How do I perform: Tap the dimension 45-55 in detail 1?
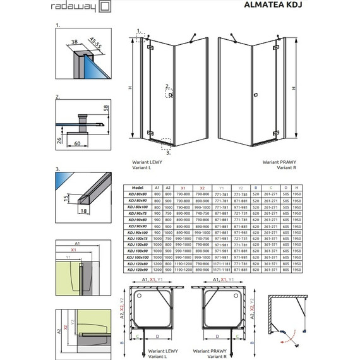[96, 46]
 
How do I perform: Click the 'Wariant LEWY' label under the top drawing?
[145, 162]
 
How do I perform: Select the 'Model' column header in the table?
[137, 188]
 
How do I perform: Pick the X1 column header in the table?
[183, 188]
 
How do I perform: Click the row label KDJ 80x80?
[137, 195]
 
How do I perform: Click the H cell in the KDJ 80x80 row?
[297, 195]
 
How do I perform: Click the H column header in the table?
[297, 188]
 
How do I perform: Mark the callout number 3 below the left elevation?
[168, 152]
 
